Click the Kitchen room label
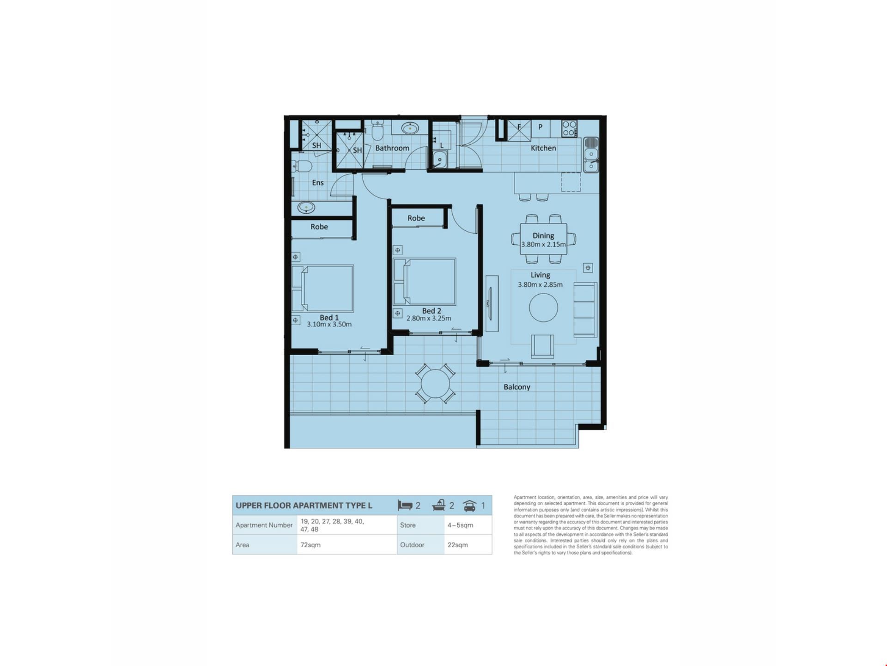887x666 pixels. pos(543,148)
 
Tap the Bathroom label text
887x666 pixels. pos(392,148)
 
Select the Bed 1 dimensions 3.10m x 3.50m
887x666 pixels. pos(329,324)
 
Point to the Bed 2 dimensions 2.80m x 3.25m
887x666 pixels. pos(429,318)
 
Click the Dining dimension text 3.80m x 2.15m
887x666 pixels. pos(543,244)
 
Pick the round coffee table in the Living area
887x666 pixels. pos(543,308)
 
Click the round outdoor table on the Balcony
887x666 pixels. pos(435,383)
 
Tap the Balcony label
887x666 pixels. pos(517,387)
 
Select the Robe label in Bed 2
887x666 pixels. pos(416,218)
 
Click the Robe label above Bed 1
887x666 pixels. pos(319,227)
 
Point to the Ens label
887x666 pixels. pos(318,183)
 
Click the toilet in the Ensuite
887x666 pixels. pos(302,166)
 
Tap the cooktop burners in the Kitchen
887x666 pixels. pos(569,128)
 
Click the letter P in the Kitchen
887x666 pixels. pos(540,127)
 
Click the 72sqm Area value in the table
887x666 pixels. pos(310,545)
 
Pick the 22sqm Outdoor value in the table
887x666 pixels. pos(457,545)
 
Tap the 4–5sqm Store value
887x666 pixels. pos(460,525)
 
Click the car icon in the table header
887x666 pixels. pos(469,506)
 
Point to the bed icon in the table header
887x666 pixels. pos(405,506)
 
